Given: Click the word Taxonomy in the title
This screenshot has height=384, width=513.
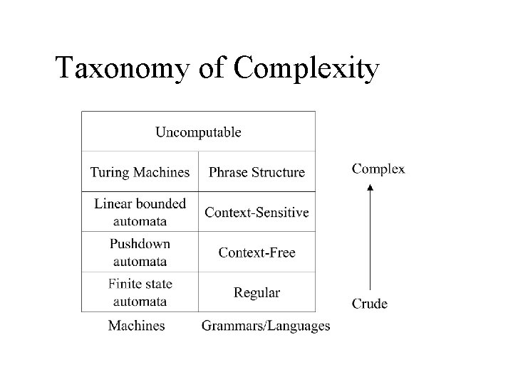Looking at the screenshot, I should click(124, 69).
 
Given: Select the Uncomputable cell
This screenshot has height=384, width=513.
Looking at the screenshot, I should click(198, 132).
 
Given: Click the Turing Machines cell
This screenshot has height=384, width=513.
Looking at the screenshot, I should click(140, 172).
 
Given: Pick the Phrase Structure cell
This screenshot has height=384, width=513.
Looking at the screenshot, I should click(256, 172).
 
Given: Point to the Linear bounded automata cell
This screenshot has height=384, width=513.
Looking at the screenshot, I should click(140, 211).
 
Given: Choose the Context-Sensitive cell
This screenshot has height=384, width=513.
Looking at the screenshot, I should click(256, 212).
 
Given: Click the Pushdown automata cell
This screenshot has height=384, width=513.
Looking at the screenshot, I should click(140, 252).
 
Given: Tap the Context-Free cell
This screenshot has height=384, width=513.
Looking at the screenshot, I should click(256, 252).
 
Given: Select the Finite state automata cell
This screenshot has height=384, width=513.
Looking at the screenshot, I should click(140, 292).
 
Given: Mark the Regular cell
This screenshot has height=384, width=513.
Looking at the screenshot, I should click(256, 292).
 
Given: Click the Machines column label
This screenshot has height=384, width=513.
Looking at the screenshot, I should click(136, 326).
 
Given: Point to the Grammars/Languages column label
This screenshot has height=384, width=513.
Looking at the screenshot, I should click(266, 326).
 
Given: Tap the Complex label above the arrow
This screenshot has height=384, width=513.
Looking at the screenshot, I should click(379, 169).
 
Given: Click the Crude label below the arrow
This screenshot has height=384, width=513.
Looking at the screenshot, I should click(370, 304).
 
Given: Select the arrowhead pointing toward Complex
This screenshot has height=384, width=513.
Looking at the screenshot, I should click(369, 187).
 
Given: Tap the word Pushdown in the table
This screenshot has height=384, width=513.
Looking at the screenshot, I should click(140, 244).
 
